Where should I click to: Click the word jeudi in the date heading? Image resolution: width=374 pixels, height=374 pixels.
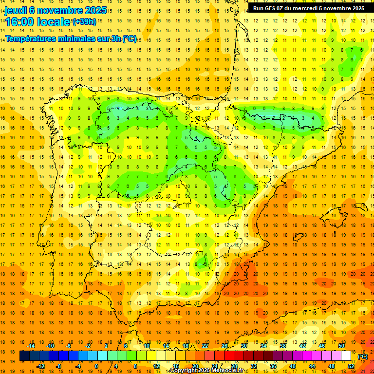pyautogui.click(x=16, y=11)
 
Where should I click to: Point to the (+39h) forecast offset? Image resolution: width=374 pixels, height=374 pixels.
pyautogui.click(x=84, y=22)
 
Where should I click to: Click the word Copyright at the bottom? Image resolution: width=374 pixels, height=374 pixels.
pyautogui.click(x=183, y=371)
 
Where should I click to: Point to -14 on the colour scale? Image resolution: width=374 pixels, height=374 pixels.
pyautogui.click(x=31, y=346)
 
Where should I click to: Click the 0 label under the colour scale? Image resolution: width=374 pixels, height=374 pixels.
pyautogui.click(x=97, y=366)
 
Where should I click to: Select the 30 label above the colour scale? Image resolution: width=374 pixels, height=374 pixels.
pyautogui.click(x=244, y=346)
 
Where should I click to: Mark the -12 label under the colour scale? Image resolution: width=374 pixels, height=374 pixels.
pyautogui.click(x=40, y=366)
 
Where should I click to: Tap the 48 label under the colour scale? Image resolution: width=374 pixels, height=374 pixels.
pyautogui.click(x=332, y=366)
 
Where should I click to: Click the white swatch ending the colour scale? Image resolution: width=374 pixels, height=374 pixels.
pyautogui.click(x=346, y=356)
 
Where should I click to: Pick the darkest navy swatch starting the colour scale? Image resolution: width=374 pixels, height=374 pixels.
pyautogui.click(x=24, y=356)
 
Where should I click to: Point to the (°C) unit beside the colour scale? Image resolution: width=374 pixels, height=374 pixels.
pyautogui.click(x=362, y=356)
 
